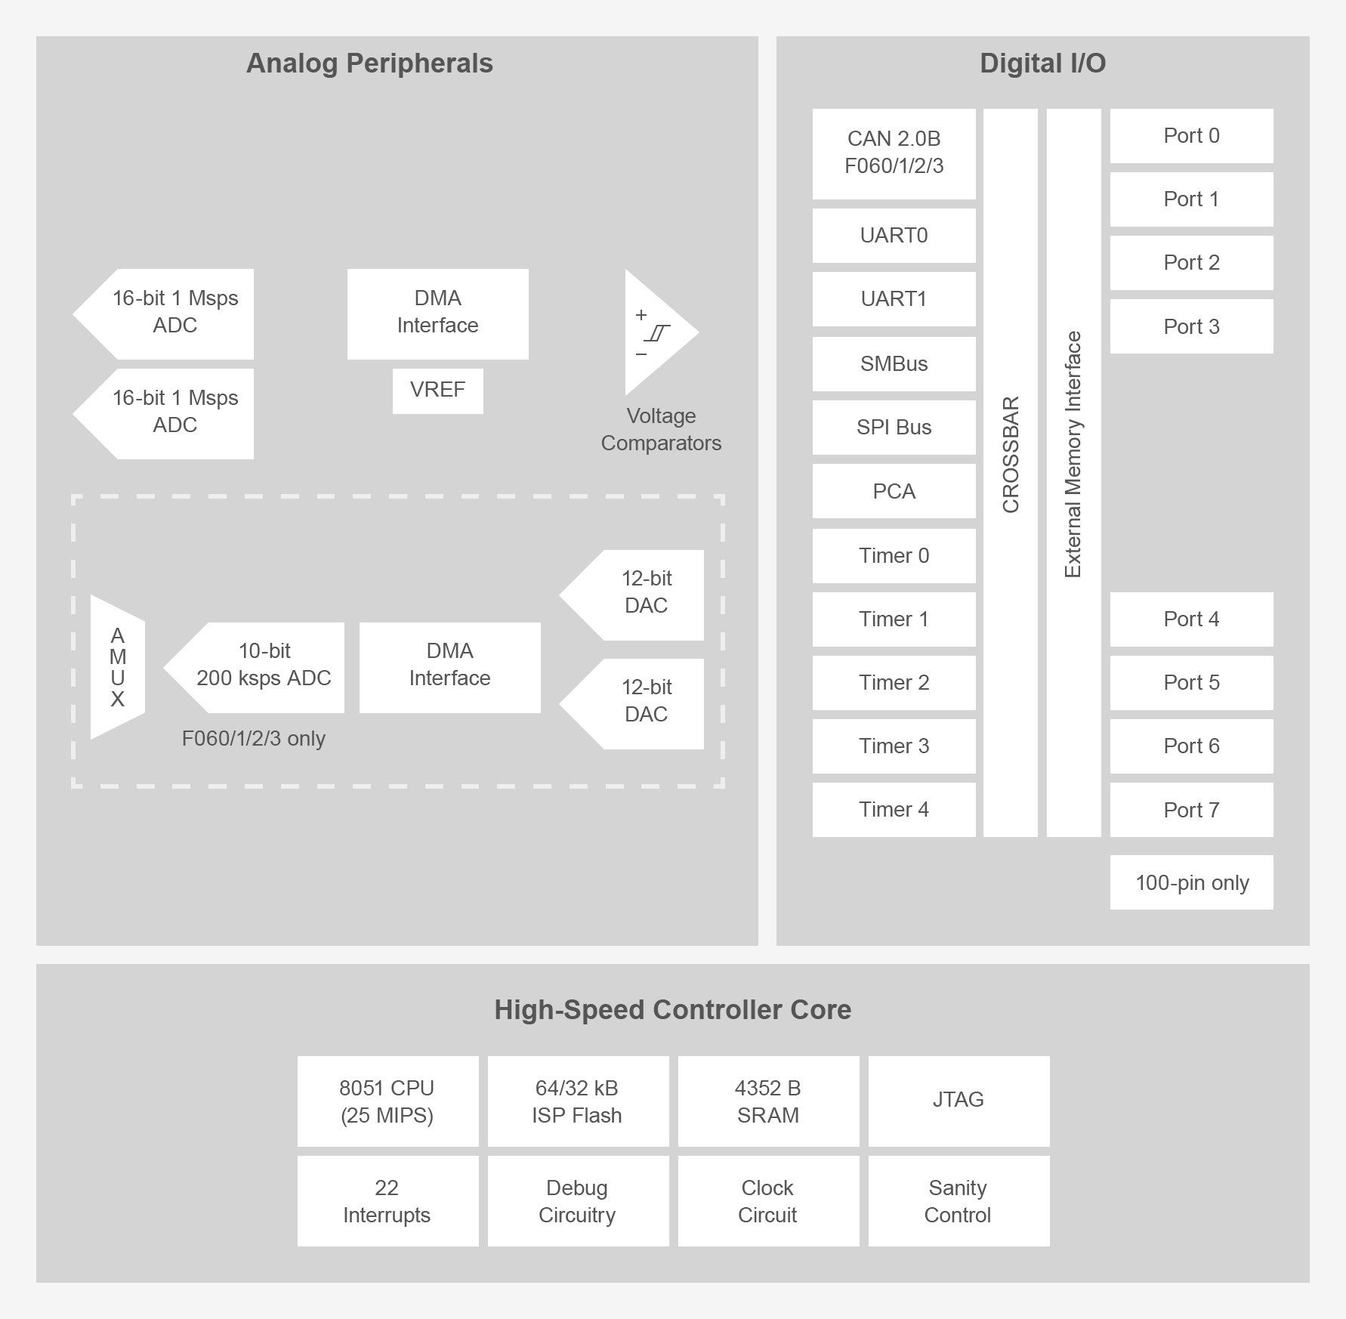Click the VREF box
tap(437, 391)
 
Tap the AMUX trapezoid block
tap(117, 667)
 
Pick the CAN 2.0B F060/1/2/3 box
tap(894, 153)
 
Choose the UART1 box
tap(894, 299)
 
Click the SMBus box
tap(894, 364)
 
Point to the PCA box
tap(894, 491)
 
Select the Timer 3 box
tap(894, 746)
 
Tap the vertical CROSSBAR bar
tap(1010, 472)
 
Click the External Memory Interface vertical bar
tap(1073, 472)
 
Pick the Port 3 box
tap(1191, 326)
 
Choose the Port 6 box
tap(1191, 746)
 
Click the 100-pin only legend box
tap(1191, 882)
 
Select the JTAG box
tap(959, 1101)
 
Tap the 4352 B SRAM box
tap(768, 1101)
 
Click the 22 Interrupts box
tap(387, 1200)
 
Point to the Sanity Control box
tap(959, 1200)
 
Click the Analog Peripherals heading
tap(369, 63)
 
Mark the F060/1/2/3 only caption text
tap(254, 738)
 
